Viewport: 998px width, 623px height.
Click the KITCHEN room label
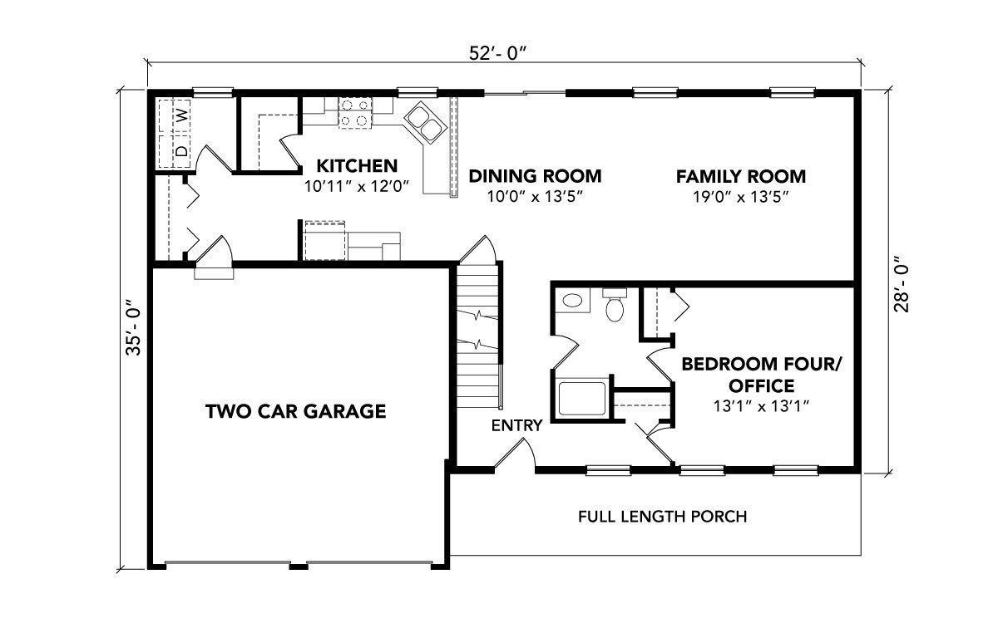click(x=357, y=166)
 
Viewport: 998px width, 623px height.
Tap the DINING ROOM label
click(x=535, y=176)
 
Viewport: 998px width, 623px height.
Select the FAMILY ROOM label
click(x=741, y=177)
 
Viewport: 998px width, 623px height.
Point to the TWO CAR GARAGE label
click(x=296, y=411)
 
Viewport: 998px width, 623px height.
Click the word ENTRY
click(x=516, y=426)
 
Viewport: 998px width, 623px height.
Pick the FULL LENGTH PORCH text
click(x=663, y=517)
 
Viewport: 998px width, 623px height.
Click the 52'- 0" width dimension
click(x=497, y=53)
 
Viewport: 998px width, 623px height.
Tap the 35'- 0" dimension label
click(x=133, y=327)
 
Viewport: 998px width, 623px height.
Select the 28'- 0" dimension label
click(x=902, y=284)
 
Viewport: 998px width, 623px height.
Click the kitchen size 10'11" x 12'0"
click(x=357, y=186)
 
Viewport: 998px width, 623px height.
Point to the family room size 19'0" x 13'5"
click(x=740, y=197)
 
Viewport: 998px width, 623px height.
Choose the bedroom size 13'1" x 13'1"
click(x=762, y=406)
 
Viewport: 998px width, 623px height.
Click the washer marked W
click(x=175, y=116)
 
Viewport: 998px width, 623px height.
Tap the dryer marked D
click(x=175, y=151)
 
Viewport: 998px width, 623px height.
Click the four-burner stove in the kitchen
click(x=354, y=113)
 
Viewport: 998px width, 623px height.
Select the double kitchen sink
click(x=425, y=122)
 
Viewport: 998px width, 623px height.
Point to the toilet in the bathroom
click(x=615, y=305)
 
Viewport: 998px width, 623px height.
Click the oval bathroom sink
click(x=572, y=301)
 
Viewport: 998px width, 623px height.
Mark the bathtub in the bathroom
click(x=582, y=398)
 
